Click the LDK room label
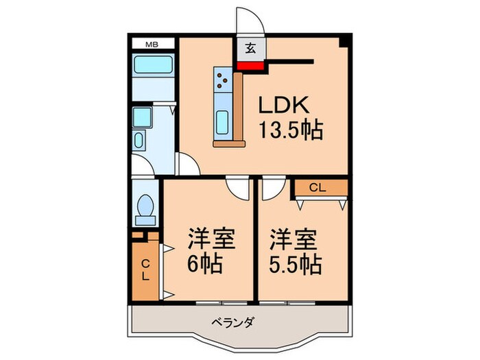(x=285, y=105)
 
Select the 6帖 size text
(x=205, y=264)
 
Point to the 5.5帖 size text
(x=294, y=264)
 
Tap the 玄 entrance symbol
(x=251, y=48)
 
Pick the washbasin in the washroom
(x=139, y=142)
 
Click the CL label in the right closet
(x=317, y=187)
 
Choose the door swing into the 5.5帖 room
(x=272, y=188)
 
